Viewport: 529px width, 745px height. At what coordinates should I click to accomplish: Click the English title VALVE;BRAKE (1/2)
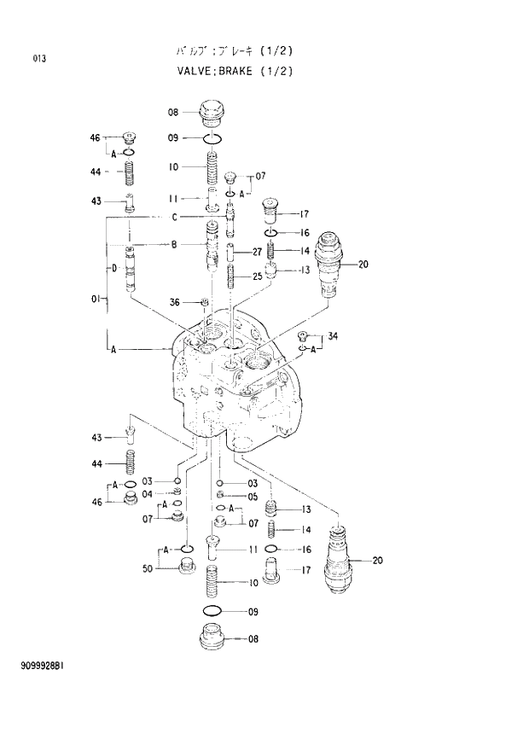coord(234,71)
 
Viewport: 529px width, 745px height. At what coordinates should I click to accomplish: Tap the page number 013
coord(39,59)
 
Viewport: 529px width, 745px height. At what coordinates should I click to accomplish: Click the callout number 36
coord(175,301)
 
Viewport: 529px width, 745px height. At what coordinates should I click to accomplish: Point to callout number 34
coord(332,336)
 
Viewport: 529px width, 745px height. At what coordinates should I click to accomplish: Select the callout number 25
coord(257,276)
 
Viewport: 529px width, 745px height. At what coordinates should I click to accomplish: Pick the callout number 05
coord(253,497)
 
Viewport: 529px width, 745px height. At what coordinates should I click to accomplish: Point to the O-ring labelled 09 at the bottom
coord(213,611)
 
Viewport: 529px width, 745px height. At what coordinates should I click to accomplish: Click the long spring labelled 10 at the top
coord(213,167)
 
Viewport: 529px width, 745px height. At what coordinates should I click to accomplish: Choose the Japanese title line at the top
coord(234,51)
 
